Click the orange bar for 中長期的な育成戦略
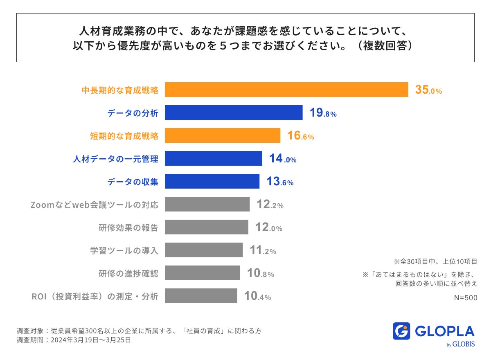tap(286, 90)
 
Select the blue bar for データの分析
tap(234, 112)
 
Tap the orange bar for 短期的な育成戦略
tap(223, 135)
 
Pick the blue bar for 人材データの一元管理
tap(214, 158)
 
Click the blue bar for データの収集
tap(212, 181)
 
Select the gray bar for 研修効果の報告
tap(207, 227)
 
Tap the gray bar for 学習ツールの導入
tap(204, 250)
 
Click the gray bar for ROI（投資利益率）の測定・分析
tap(201, 296)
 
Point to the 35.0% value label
tap(428, 90)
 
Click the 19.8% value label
tap(323, 113)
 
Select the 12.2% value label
tap(270, 205)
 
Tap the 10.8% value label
tap(260, 274)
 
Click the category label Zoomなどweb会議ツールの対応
tap(95, 205)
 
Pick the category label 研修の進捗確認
tap(128, 273)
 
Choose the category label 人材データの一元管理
tap(116, 159)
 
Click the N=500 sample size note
tap(466, 298)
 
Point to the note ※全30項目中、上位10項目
tap(435, 261)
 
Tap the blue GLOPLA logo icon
tap(401, 331)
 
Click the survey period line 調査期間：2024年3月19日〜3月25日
tap(74, 340)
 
